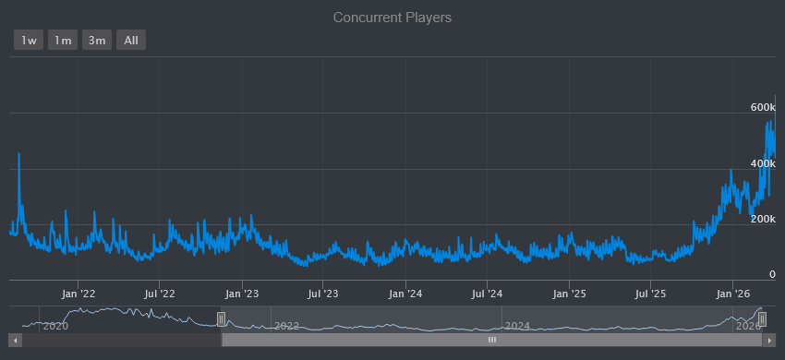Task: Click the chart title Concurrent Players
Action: [392, 18]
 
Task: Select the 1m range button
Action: [63, 40]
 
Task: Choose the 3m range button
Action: [96, 40]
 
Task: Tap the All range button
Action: [131, 40]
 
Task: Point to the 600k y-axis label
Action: [762, 108]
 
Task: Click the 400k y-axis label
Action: [762, 163]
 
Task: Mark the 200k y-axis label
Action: [762, 219]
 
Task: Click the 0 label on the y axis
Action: [771, 274]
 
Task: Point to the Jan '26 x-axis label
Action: [732, 294]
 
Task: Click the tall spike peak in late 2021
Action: [18, 154]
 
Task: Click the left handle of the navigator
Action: [221, 318]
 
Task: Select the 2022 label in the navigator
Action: [286, 326]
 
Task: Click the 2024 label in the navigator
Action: [517, 326]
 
